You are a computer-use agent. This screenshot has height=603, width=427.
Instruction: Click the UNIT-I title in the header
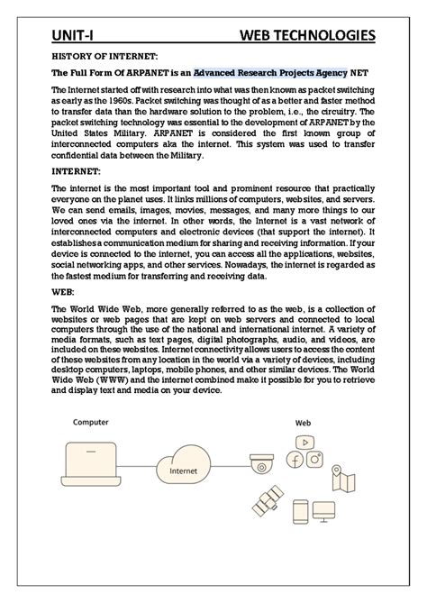70,35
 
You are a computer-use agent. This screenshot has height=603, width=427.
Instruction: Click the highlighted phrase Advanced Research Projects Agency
270,72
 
